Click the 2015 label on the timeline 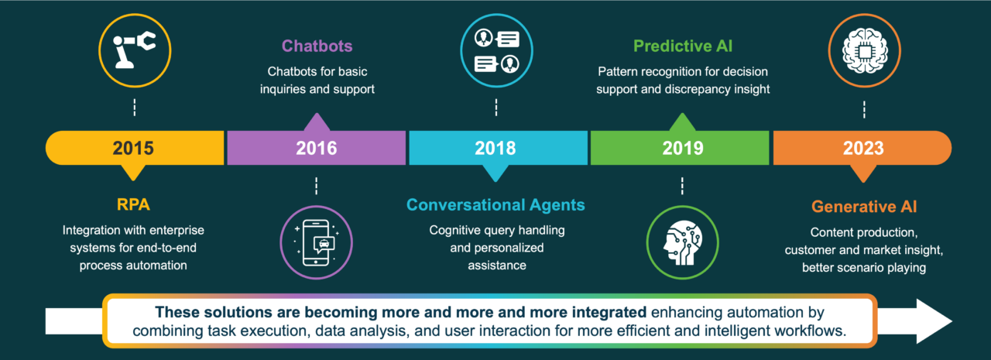133,148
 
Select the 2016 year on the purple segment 316,148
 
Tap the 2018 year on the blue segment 495,148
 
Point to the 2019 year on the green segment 682,148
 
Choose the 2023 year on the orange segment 863,148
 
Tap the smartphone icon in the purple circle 316,237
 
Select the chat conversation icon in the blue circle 495,49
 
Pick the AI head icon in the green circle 682,237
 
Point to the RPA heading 133,207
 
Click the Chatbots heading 316,46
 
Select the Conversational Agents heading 495,205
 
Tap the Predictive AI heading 682,46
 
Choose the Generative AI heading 863,207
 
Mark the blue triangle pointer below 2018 495,173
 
